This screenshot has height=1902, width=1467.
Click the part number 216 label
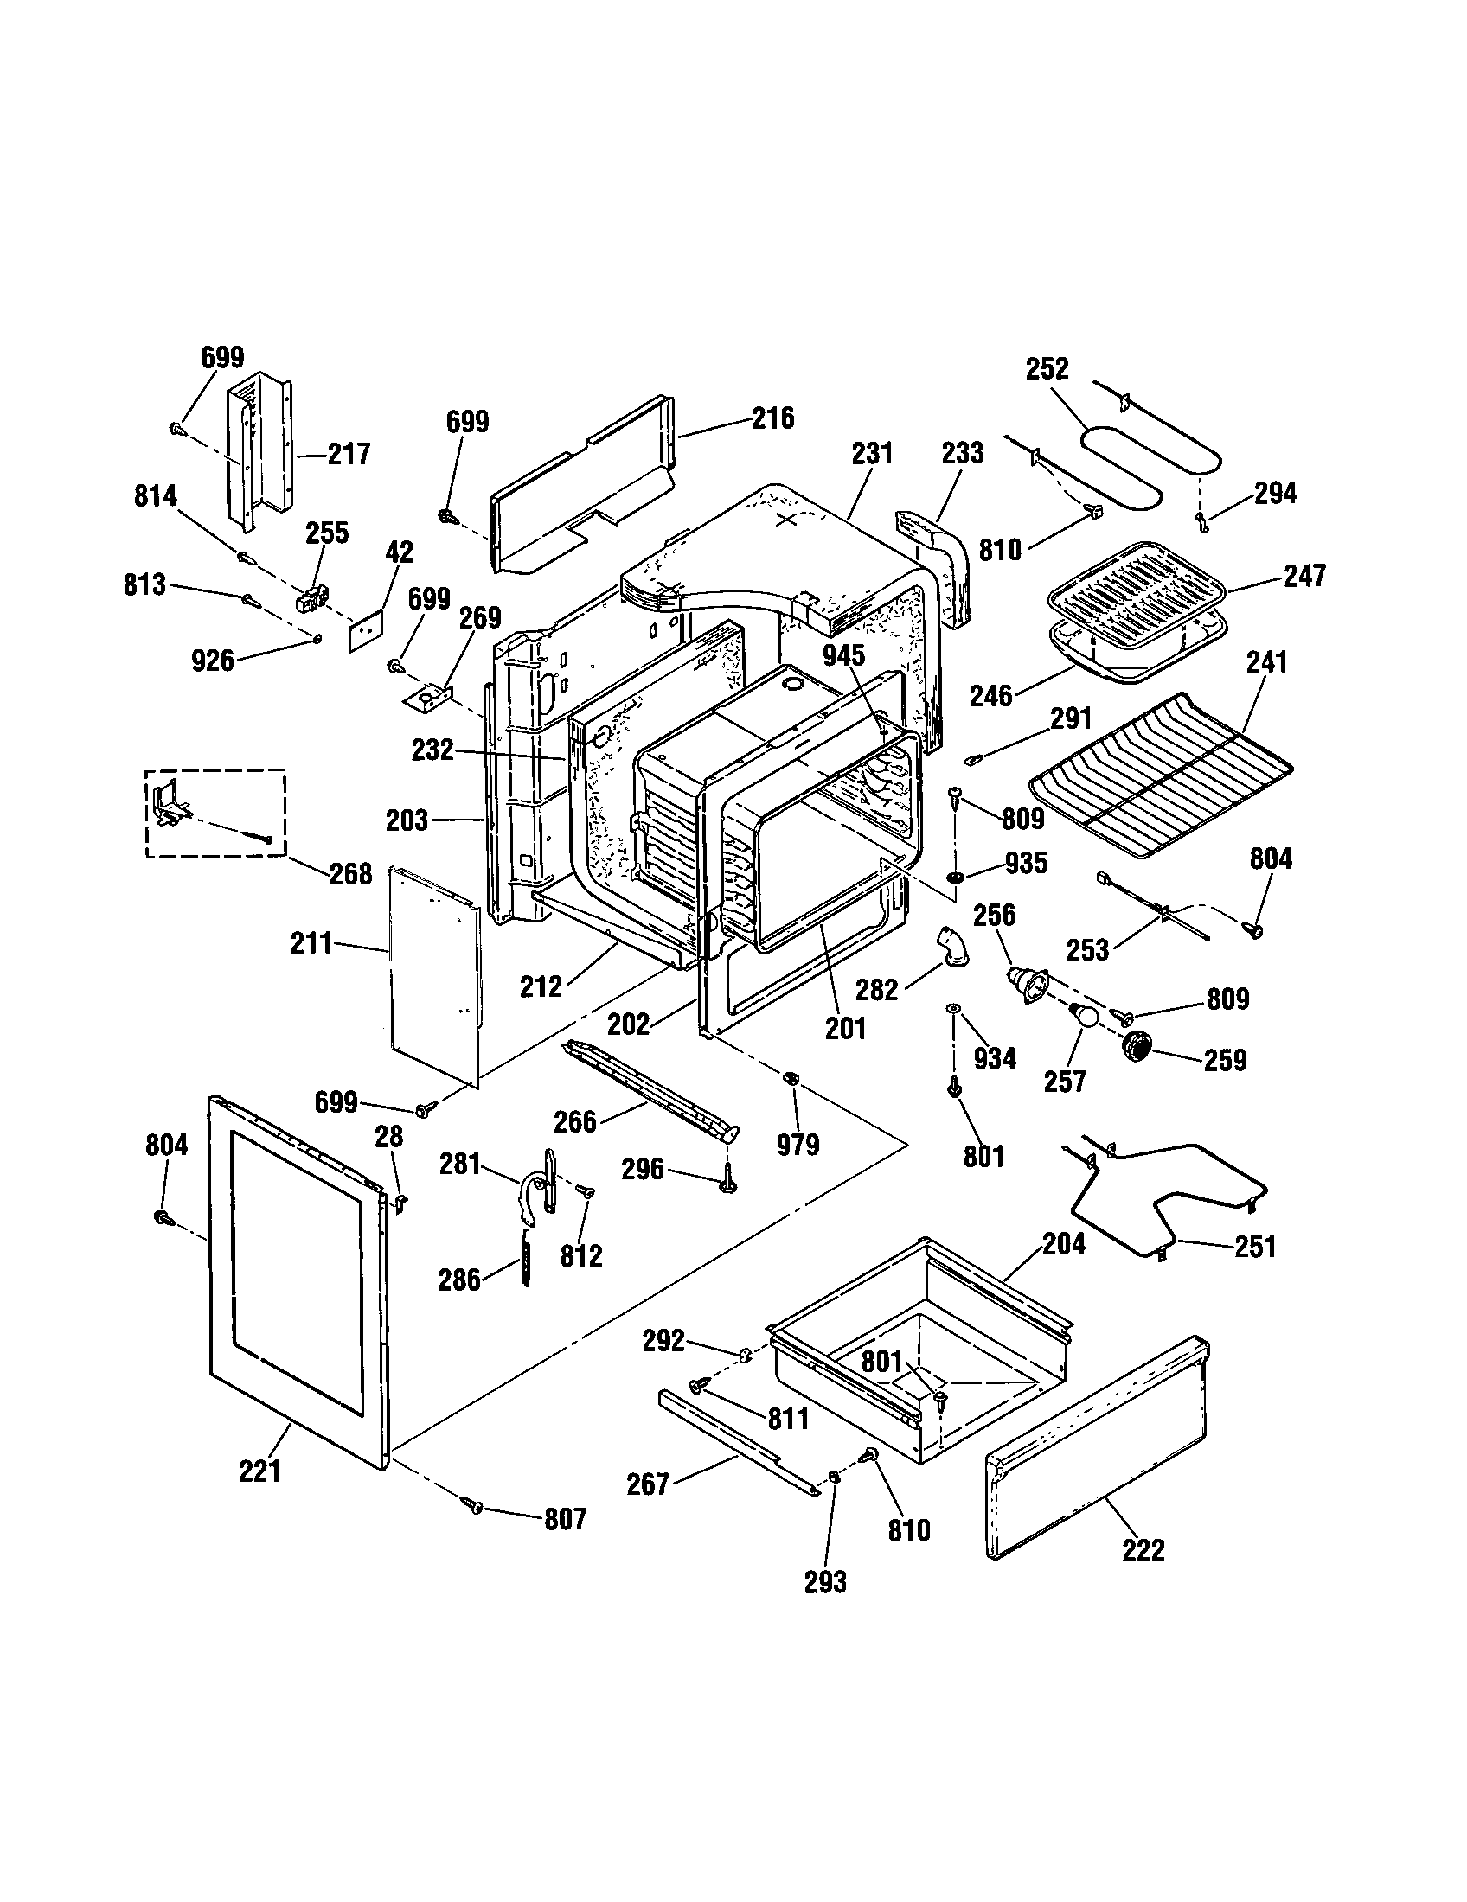(773, 418)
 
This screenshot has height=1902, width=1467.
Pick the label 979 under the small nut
(798, 1144)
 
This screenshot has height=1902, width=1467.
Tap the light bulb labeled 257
(1082, 1015)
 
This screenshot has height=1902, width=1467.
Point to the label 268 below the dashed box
(350, 873)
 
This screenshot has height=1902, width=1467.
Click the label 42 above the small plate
(399, 552)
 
